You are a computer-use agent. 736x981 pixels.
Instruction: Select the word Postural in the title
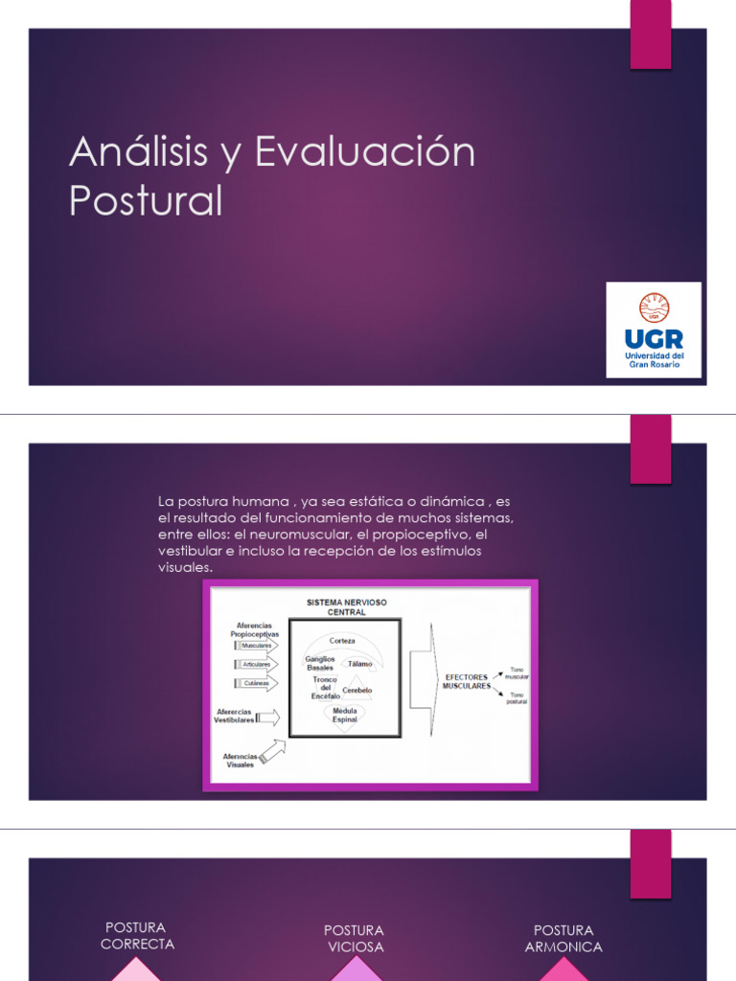click(x=146, y=201)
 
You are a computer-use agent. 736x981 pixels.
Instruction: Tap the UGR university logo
click(x=654, y=331)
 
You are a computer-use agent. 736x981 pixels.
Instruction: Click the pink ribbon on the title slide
click(x=650, y=34)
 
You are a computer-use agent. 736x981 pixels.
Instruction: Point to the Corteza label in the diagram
click(x=342, y=640)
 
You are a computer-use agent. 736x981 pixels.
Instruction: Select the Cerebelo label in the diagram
click(x=357, y=690)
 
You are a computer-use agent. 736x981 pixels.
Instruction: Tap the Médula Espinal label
click(x=344, y=716)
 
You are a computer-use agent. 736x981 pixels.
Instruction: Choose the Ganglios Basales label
click(x=319, y=663)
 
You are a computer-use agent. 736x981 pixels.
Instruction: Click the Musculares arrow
click(x=256, y=646)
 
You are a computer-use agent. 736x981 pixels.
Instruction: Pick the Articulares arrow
click(x=256, y=664)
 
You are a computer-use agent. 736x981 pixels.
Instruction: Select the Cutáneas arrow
click(x=256, y=683)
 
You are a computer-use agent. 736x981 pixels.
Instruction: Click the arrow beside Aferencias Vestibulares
click(x=268, y=718)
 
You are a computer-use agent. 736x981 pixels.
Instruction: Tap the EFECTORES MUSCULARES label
click(x=466, y=682)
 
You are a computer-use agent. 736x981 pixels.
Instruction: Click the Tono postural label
click(x=517, y=697)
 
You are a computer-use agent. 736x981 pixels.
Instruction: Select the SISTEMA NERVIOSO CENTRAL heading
click(x=347, y=606)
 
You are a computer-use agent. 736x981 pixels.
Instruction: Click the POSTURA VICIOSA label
click(x=354, y=939)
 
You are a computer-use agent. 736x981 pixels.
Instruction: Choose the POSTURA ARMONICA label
click(x=563, y=939)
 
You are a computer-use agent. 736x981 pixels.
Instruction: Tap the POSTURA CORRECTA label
click(x=137, y=936)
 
